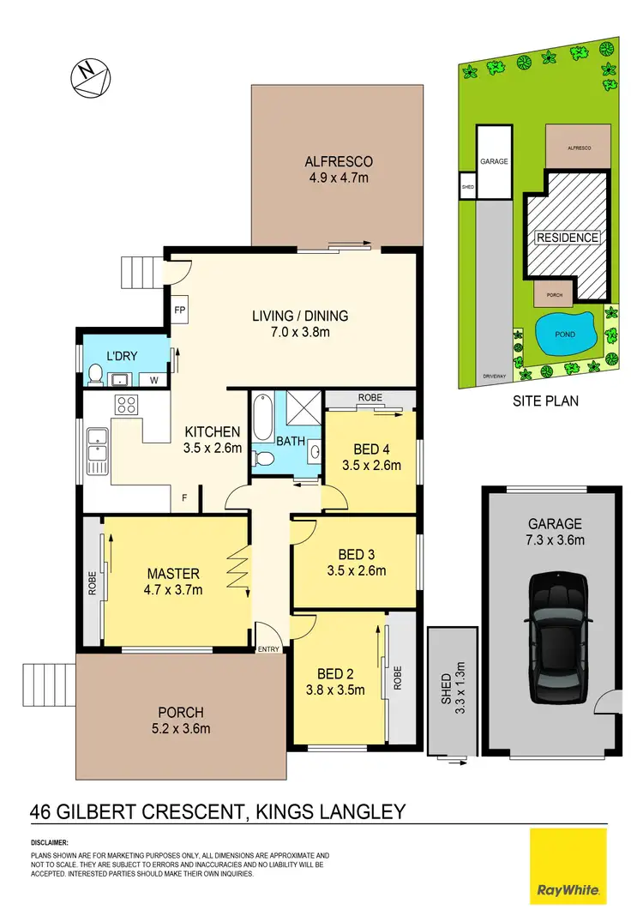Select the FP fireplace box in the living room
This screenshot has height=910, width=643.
180,310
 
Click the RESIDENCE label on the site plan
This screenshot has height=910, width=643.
568,238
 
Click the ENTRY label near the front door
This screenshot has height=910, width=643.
268,649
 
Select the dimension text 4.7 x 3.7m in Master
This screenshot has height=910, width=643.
174,589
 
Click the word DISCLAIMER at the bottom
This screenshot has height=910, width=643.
49,843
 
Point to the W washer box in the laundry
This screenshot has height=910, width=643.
154,379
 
